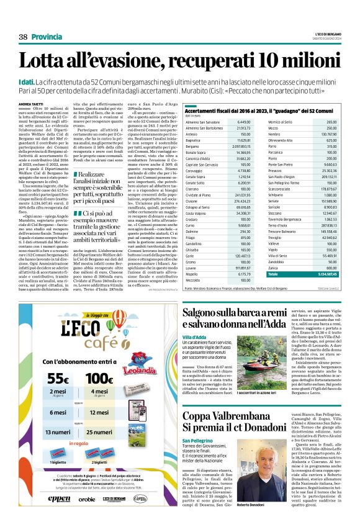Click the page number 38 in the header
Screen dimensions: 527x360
click(23, 37)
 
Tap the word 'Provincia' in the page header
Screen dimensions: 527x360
click(47, 37)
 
